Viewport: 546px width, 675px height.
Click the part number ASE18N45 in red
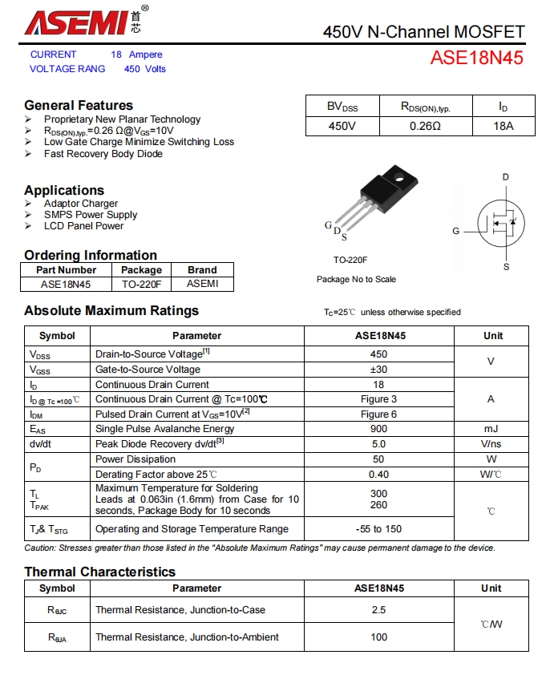pyautogui.click(x=476, y=58)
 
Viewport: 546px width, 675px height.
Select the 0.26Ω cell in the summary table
pyautogui.click(x=425, y=127)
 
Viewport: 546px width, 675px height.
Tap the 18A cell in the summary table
pyautogui.click(x=503, y=127)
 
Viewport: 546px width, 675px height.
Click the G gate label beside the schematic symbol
pyautogui.click(x=455, y=231)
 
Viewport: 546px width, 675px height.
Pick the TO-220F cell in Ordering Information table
pyautogui.click(x=141, y=284)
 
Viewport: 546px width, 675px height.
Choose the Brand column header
pyautogui.click(x=202, y=270)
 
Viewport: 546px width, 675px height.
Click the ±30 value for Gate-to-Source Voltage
pyautogui.click(x=378, y=370)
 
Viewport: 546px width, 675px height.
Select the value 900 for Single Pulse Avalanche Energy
pyautogui.click(x=378, y=429)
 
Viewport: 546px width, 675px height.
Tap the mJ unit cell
pyautogui.click(x=491, y=429)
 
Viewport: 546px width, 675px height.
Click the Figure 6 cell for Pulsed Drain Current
pyautogui.click(x=378, y=414)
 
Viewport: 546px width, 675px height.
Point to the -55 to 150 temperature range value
pyautogui.click(x=378, y=529)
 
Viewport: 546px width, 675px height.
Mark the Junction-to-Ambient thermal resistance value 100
pyautogui.click(x=378, y=637)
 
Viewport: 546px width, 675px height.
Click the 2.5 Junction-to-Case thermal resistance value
pyautogui.click(x=378, y=610)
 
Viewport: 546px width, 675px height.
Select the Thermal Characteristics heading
pyautogui.click(x=99, y=572)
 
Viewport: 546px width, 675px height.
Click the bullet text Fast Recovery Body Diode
pyautogui.click(x=103, y=154)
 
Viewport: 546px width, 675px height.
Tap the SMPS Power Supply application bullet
pyautogui.click(x=91, y=215)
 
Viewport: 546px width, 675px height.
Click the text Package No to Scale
pyautogui.click(x=356, y=279)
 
